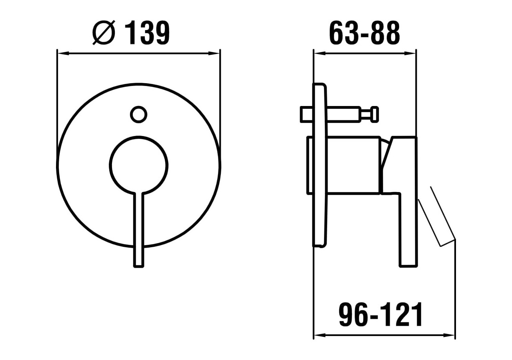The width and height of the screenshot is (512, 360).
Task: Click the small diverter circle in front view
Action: (x=138, y=115)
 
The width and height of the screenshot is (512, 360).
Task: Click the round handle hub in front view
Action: (x=138, y=165)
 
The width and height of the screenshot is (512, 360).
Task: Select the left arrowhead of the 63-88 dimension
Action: (x=318, y=53)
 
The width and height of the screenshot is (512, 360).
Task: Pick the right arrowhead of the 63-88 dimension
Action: (x=412, y=53)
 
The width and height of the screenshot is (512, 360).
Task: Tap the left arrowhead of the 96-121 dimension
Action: (x=318, y=335)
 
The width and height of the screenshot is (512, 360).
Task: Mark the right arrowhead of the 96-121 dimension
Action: (x=451, y=335)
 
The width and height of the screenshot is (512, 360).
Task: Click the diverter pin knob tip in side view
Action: (x=375, y=114)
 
